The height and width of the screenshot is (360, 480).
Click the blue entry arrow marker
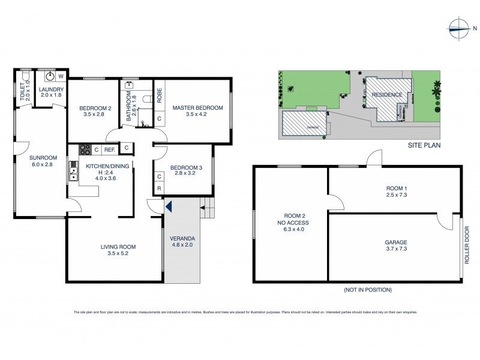pos(169,207)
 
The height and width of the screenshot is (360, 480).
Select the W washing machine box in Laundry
pos(61,77)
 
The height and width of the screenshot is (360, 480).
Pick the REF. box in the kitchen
pos(109,149)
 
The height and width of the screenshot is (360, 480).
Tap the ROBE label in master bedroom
pos(160,97)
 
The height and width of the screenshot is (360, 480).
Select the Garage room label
pos(396,243)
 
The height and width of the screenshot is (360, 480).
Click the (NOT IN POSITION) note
pos(367,290)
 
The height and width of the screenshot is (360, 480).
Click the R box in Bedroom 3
pos(159,188)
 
